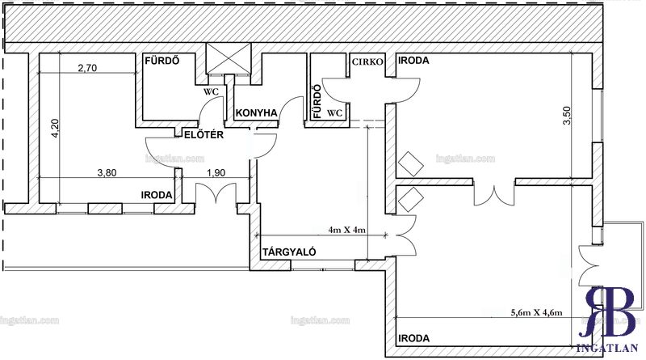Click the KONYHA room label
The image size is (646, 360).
256,113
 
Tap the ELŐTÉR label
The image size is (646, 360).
203,134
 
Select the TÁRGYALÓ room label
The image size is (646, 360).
289,252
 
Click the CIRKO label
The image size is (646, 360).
367,62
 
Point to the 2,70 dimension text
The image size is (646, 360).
87,68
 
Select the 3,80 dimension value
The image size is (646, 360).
107,172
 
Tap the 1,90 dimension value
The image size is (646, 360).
216,172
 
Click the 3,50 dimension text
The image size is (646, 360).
568,116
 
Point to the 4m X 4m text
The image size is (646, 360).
347,230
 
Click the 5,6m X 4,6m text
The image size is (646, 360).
536,312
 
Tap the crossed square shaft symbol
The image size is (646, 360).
229,58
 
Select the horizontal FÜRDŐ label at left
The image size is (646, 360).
162,61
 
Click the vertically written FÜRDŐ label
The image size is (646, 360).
317,102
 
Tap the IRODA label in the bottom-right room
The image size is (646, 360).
413,338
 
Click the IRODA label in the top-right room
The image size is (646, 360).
413,61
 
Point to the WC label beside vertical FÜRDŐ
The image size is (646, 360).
334,112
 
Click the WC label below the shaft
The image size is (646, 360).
211,92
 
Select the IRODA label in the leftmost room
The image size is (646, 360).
157,195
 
